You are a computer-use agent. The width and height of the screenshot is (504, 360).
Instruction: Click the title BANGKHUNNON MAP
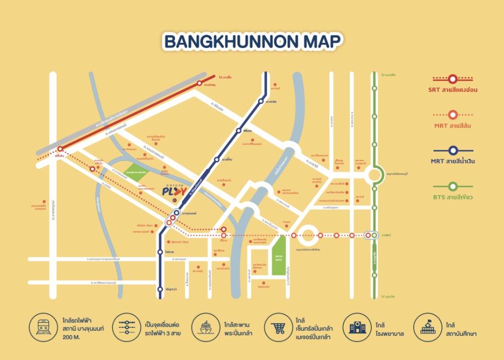[252, 42]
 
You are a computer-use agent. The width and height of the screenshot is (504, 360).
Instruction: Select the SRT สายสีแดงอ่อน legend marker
[453, 79]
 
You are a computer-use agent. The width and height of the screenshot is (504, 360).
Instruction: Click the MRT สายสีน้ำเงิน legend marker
[453, 150]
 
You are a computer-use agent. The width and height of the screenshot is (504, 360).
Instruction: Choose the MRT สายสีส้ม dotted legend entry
[453, 114]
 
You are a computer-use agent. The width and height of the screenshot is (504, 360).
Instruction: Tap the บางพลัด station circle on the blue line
[261, 101]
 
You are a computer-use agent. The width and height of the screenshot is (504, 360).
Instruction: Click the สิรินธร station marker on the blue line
[239, 131]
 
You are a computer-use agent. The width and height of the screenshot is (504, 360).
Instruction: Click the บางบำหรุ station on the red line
[200, 84]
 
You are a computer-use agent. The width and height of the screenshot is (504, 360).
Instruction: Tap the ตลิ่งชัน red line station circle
[60, 149]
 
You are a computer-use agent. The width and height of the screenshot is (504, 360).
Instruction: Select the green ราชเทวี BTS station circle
[374, 235]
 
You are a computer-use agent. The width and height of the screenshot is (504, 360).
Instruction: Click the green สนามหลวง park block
[279, 256]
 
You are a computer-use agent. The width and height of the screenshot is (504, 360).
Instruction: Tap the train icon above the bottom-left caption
[40, 326]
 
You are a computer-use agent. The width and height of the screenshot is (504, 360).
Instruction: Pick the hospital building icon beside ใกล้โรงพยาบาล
[355, 326]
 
